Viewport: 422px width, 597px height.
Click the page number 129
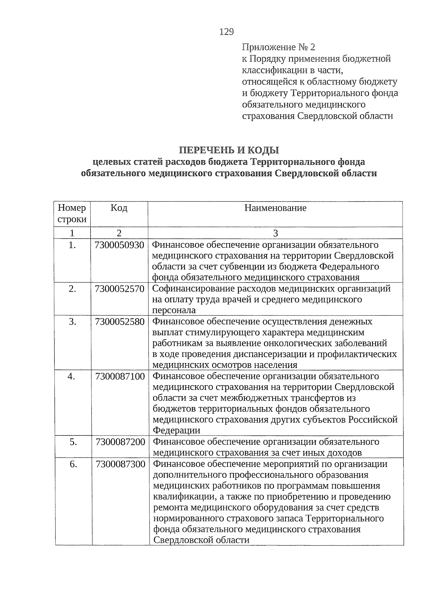226,32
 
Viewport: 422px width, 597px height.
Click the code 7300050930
119,245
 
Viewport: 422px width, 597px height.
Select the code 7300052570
119,289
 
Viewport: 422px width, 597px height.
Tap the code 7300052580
120,322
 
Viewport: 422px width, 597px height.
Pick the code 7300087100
120,376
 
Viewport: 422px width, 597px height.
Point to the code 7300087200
120,442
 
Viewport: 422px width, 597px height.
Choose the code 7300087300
120,464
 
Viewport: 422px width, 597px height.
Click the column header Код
119,208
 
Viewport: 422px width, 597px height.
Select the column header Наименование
275,208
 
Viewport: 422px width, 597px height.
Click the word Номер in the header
72,208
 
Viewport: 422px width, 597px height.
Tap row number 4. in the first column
72,376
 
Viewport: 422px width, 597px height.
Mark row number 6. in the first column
73,464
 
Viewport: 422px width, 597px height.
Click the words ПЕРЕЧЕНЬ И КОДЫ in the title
229,150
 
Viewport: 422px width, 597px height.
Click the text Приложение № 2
279,47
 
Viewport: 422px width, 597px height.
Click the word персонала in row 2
174,310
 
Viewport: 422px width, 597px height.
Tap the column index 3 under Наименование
275,233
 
